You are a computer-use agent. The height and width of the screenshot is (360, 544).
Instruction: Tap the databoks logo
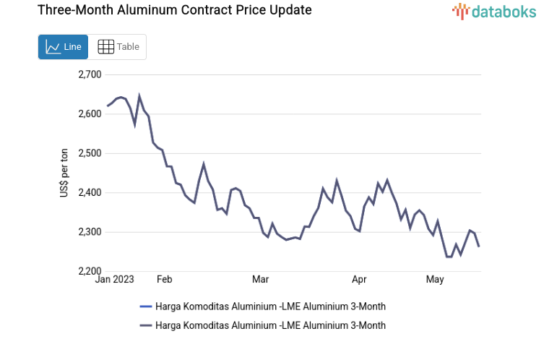[x=493, y=11]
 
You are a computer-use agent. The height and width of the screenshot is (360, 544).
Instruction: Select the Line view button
[x=63, y=47]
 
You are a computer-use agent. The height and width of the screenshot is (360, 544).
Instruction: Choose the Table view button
[x=118, y=47]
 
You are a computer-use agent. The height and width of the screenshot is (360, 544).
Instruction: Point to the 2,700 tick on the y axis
[x=90, y=74]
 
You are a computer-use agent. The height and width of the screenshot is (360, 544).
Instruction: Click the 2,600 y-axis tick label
[x=90, y=114]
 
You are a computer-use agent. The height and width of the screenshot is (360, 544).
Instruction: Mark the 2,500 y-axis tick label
[x=90, y=153]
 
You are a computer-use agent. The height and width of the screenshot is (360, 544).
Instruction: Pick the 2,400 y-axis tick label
[x=90, y=193]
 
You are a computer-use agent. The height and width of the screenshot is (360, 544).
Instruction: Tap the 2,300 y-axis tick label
[x=90, y=232]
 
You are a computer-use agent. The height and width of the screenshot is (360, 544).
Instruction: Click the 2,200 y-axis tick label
[x=90, y=271]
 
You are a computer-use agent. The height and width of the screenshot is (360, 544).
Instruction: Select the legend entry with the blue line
[x=270, y=307]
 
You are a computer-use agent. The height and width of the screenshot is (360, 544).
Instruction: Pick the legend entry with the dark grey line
[x=270, y=325]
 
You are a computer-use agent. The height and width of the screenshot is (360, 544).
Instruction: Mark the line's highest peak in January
[x=139, y=95]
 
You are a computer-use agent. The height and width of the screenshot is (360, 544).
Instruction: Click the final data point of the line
[x=479, y=247]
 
